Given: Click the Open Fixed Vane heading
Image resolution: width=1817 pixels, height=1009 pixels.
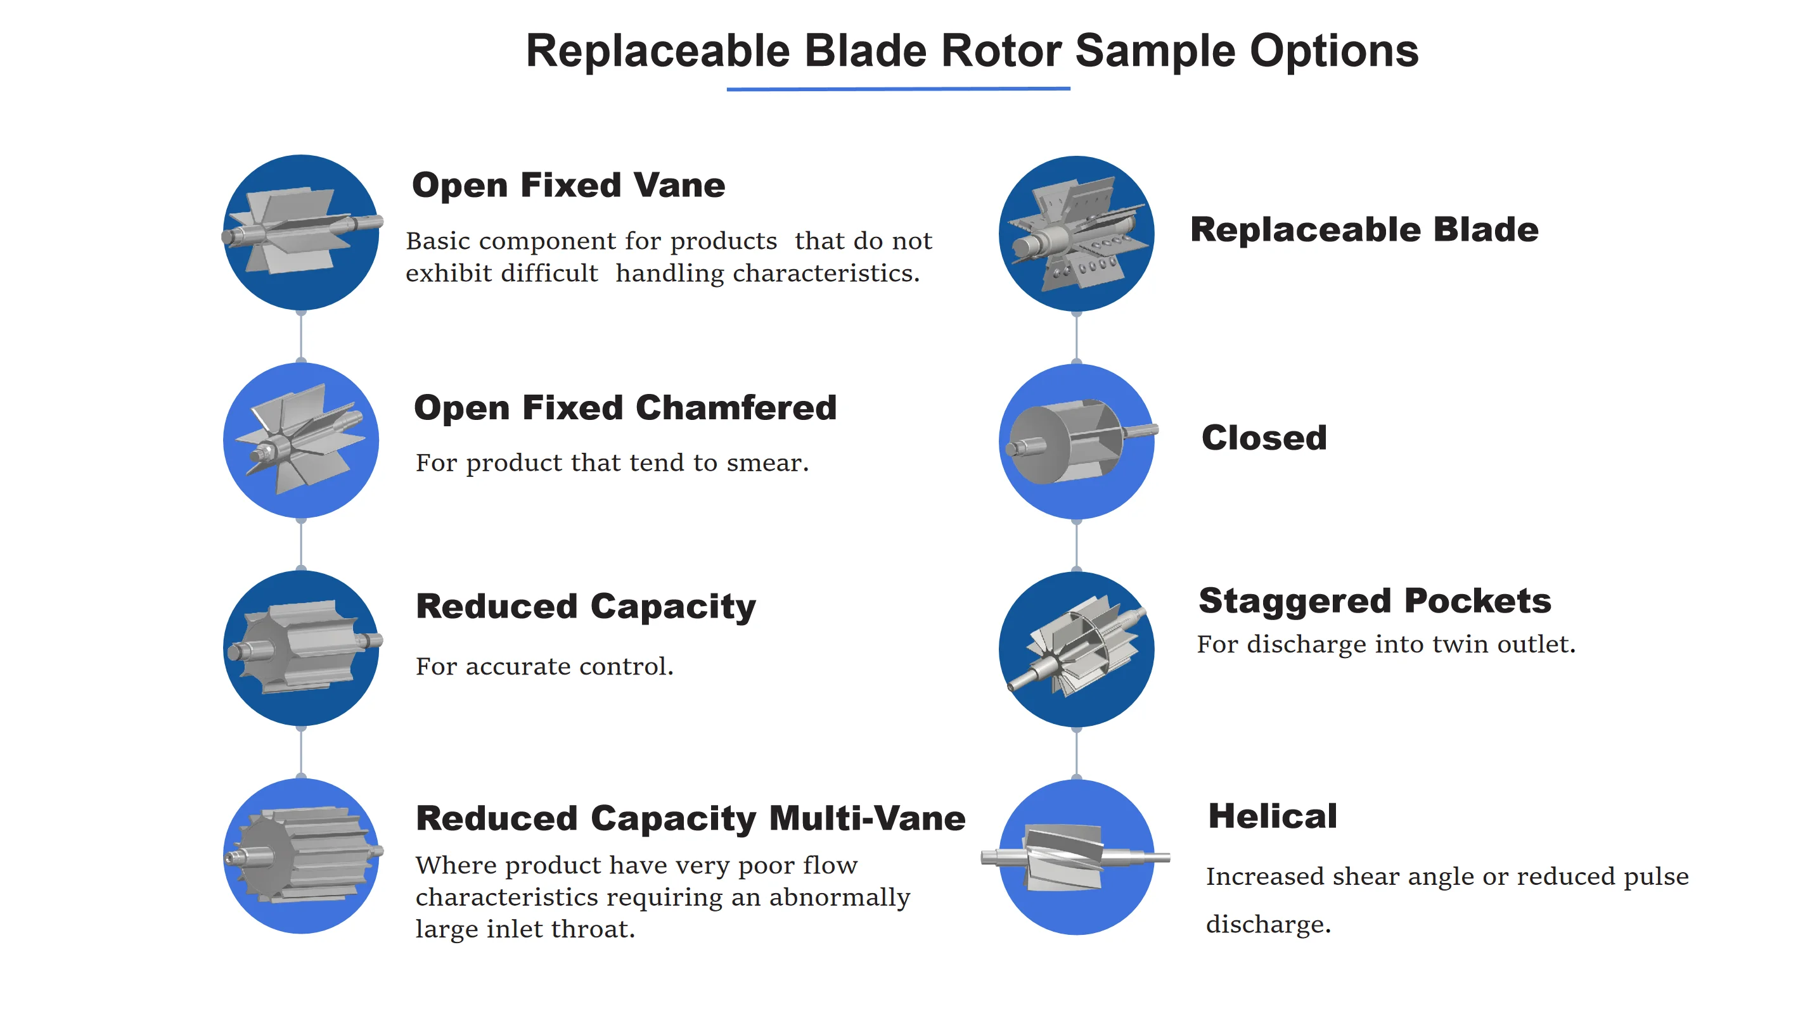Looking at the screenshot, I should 568,186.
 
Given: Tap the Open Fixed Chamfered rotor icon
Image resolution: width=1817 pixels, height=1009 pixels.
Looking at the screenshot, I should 301,440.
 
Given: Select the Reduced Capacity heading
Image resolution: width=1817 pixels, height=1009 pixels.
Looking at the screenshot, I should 586,606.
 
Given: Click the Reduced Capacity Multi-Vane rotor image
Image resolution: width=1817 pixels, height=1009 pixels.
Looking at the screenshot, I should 301,856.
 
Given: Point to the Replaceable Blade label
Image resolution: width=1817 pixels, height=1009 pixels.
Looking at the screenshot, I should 1363,230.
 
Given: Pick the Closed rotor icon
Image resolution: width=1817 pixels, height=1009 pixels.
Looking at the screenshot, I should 1076,441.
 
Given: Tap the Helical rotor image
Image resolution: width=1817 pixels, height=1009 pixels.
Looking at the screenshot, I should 1076,858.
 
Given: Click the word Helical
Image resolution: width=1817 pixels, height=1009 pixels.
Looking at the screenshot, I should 1273,816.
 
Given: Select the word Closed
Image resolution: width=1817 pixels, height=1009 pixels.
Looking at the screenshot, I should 1263,438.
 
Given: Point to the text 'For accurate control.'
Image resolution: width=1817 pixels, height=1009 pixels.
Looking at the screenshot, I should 544,666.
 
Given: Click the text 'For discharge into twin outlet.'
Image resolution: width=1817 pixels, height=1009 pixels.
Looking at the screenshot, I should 1385,644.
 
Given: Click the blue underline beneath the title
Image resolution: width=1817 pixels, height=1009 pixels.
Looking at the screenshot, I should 898,89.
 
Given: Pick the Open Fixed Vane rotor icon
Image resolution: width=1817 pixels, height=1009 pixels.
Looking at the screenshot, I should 301,232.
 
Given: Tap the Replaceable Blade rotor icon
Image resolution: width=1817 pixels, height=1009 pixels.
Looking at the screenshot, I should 1076,233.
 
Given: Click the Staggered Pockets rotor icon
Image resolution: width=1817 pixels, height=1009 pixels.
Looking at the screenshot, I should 1076,649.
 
